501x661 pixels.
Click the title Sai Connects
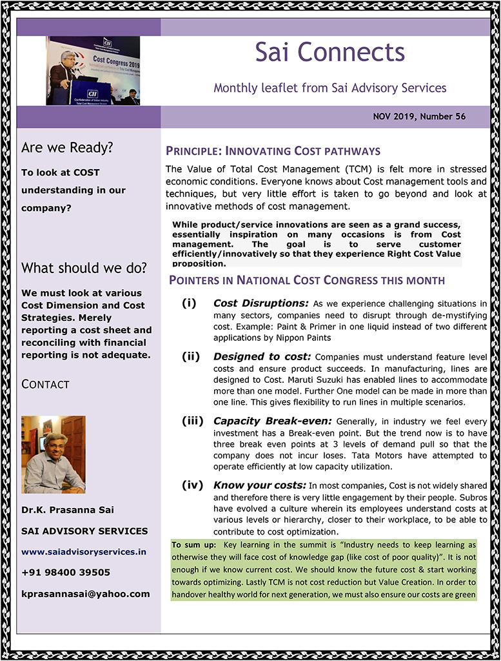[x=329, y=52]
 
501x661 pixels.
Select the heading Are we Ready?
[x=67, y=148]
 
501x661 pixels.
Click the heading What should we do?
[x=84, y=268]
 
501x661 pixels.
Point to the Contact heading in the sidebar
[x=45, y=384]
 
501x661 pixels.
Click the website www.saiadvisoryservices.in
[x=84, y=552]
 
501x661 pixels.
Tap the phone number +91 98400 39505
[x=66, y=573]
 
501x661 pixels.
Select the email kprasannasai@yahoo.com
[x=85, y=593]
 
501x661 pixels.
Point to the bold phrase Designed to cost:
[x=262, y=356]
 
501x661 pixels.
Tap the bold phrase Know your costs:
[x=260, y=485]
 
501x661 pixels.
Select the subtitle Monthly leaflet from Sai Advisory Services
[x=329, y=87]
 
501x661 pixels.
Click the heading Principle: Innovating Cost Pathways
[x=273, y=152]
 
